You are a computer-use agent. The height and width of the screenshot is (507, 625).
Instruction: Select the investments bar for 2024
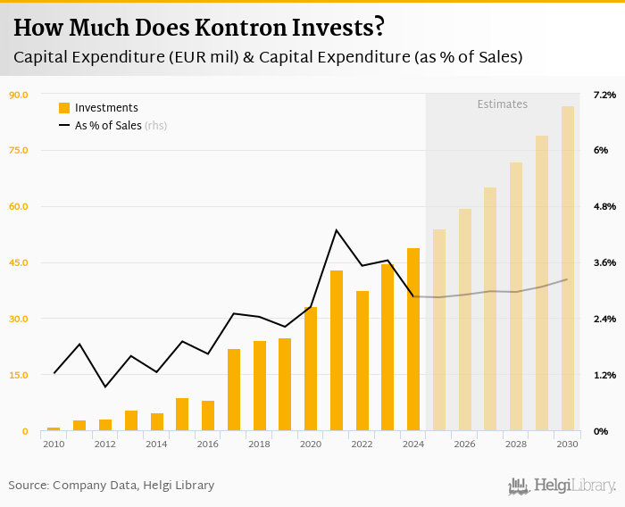[x=413, y=340]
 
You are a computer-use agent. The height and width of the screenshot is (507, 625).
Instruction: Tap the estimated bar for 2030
[x=568, y=269]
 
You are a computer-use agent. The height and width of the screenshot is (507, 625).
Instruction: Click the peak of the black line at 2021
[x=337, y=230]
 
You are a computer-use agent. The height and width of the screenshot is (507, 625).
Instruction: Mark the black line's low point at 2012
[x=105, y=386]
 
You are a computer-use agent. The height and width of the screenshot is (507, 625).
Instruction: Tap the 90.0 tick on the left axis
[x=19, y=95]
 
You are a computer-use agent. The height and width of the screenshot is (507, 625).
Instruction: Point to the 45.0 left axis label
[x=19, y=263]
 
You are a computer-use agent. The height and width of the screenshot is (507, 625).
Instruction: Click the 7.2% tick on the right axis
[x=604, y=95]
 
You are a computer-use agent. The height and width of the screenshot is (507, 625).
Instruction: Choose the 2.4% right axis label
[x=604, y=320]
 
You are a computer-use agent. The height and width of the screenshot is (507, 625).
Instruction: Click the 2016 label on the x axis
[x=208, y=444]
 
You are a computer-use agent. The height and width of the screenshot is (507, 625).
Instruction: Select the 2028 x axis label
[x=516, y=444]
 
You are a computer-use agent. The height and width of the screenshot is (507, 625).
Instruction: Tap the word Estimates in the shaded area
[x=502, y=104]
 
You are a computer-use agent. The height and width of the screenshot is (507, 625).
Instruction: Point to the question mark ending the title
[x=379, y=27]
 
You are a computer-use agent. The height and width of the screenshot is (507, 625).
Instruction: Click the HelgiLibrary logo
[x=562, y=486]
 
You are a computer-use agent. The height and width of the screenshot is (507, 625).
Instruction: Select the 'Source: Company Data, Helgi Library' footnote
[x=112, y=486]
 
